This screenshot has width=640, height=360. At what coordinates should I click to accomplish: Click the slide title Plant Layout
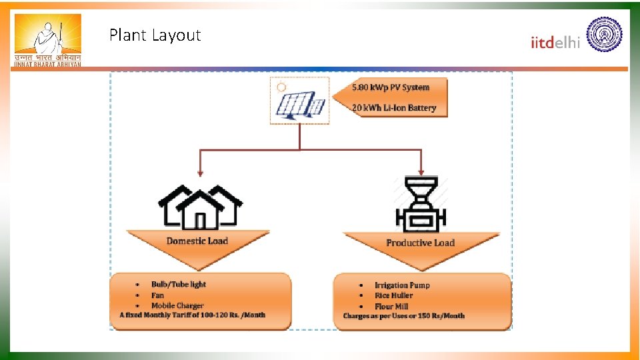pyautogui.click(x=155, y=35)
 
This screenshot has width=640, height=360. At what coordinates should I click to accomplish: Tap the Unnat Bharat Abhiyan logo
pyautogui.click(x=47, y=40)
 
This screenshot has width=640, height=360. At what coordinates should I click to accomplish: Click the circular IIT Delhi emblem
pyautogui.click(x=603, y=35)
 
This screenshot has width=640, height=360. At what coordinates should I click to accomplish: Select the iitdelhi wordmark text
pyautogui.click(x=555, y=42)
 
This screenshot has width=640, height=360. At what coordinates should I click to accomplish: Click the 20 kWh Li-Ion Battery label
pyautogui.click(x=394, y=108)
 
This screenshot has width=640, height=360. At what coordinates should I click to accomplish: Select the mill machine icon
pyautogui.click(x=421, y=205)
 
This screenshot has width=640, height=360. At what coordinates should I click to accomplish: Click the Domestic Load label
pyautogui.click(x=197, y=241)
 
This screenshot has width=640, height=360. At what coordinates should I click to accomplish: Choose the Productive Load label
pyautogui.click(x=419, y=243)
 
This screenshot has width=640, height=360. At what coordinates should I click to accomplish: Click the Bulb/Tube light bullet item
pyautogui.click(x=179, y=284)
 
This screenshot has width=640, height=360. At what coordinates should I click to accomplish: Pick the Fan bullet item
pyautogui.click(x=157, y=295)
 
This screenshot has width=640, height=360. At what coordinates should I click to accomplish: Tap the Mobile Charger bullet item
pyautogui.click(x=177, y=305)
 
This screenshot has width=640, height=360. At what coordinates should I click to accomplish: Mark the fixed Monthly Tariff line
pyautogui.click(x=192, y=315)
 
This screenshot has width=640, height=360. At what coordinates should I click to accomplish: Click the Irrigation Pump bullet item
pyautogui.click(x=402, y=285)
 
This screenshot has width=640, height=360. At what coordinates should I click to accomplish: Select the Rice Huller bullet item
pyautogui.click(x=393, y=295)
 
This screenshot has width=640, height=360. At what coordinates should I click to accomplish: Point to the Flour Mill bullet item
pyautogui.click(x=391, y=306)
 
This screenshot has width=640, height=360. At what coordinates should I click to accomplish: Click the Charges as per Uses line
pyautogui.click(x=403, y=315)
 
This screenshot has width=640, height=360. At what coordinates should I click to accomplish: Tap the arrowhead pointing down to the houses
pyautogui.click(x=200, y=173)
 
